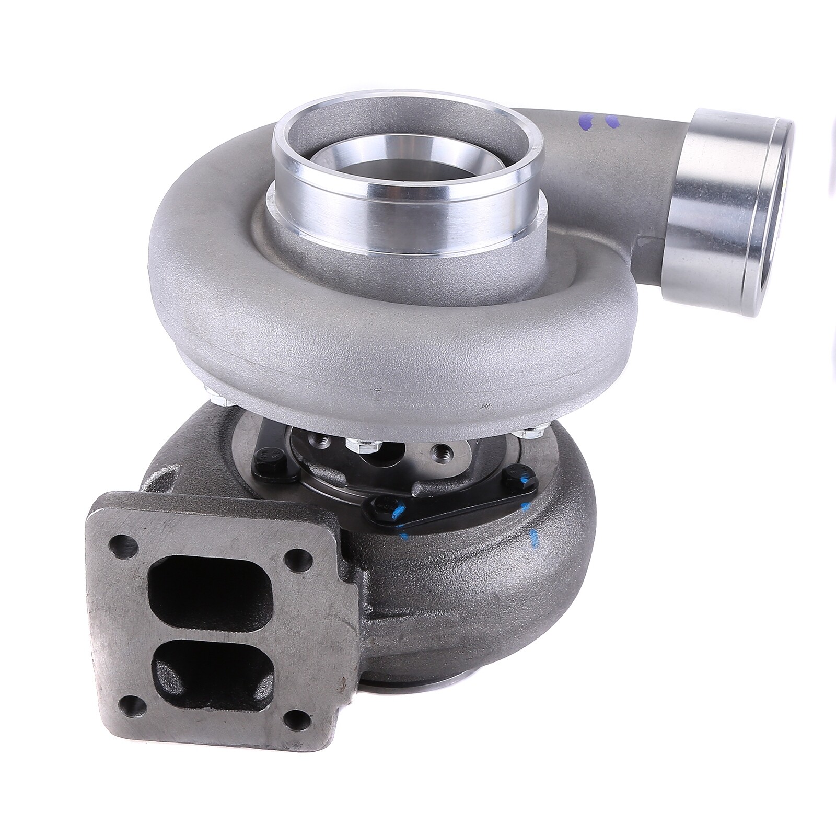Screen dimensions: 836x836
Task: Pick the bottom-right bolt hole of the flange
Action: pos(298,717)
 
